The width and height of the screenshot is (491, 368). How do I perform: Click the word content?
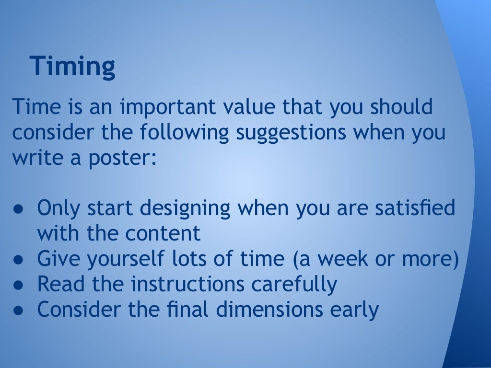[x=163, y=234]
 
